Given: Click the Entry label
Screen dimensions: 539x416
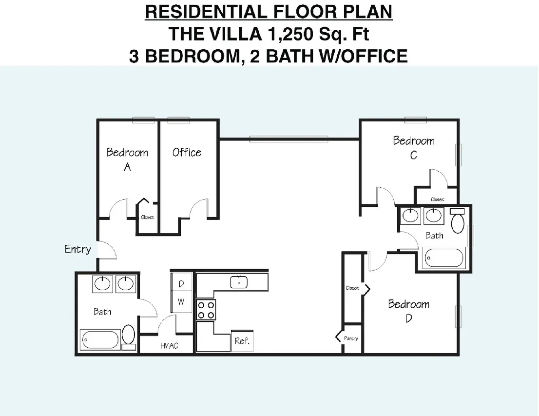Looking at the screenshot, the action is tap(78, 249).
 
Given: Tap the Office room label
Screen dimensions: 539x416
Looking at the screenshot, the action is tap(187, 152).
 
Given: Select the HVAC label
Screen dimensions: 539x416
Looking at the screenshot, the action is tap(170, 346).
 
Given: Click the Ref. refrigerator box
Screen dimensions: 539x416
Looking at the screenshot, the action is tap(242, 341).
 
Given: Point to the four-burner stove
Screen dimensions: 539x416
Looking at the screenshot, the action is tap(206, 310).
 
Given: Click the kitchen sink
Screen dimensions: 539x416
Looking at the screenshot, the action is tap(239, 282).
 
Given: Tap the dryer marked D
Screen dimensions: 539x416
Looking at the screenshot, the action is tap(181, 283).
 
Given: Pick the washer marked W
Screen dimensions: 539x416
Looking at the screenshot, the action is tap(181, 302).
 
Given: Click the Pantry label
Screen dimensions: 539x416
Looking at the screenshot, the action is tap(351, 338).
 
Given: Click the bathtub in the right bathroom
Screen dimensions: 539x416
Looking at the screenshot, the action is tap(444, 258).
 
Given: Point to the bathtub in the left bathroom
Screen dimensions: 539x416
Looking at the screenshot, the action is tap(100, 340).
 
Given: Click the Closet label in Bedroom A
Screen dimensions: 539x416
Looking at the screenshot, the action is tap(148, 217).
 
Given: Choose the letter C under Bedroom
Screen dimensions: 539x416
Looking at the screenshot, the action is tap(414, 156).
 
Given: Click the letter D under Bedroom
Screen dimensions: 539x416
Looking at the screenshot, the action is tap(409, 318).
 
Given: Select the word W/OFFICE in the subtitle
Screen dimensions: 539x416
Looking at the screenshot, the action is tap(364, 56).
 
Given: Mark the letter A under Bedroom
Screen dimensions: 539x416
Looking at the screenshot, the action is tap(127, 167).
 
